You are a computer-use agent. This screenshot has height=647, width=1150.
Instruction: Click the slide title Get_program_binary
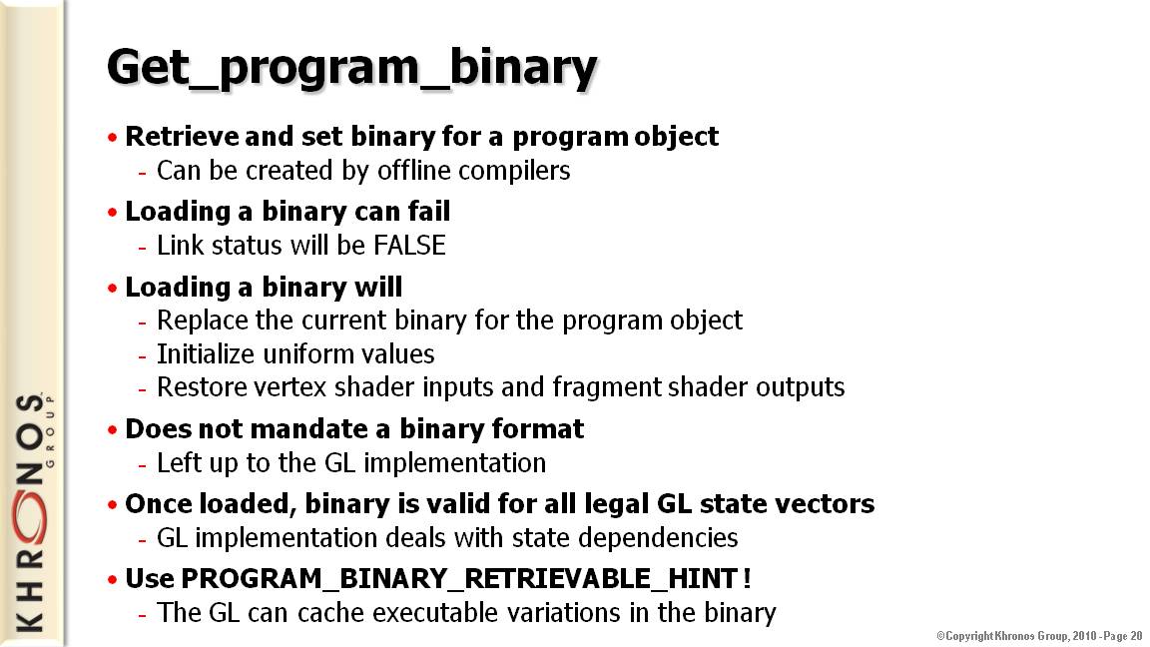pyautogui.click(x=352, y=68)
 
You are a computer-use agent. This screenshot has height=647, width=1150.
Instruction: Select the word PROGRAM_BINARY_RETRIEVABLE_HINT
pyautogui.click(x=458, y=579)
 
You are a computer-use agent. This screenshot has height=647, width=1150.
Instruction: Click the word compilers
pyautogui.click(x=514, y=171)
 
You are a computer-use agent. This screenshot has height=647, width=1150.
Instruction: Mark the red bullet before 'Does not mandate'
pyautogui.click(x=112, y=430)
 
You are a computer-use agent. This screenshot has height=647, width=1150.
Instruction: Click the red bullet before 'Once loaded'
pyautogui.click(x=112, y=504)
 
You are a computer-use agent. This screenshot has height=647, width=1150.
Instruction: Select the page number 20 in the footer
pyautogui.click(x=1135, y=636)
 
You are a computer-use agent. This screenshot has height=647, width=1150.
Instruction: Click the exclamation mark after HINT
pyautogui.click(x=747, y=579)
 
